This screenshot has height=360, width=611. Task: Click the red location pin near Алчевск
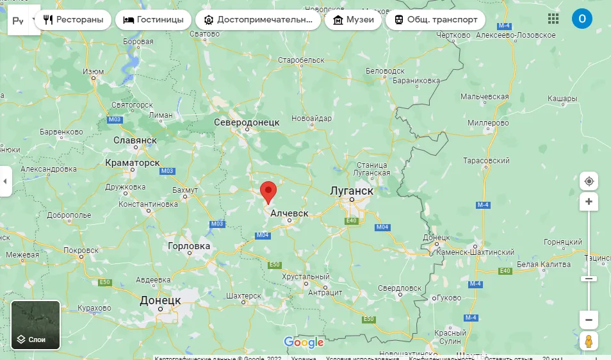(268, 192)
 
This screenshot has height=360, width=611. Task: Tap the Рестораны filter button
(73, 20)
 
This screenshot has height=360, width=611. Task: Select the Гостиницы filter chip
(153, 20)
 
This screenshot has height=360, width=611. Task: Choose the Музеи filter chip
(353, 20)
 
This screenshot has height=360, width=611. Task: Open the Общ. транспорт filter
(436, 20)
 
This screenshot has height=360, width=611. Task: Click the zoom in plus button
(589, 202)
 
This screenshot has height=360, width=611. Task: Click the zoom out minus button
(589, 319)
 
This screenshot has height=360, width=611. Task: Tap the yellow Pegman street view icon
(589, 341)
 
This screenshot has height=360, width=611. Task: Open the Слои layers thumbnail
(36, 325)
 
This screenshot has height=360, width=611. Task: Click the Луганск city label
(351, 191)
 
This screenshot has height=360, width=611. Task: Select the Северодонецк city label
(247, 122)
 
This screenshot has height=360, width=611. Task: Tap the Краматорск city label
(133, 163)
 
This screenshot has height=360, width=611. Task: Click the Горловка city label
(188, 246)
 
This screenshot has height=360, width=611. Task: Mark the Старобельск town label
(302, 60)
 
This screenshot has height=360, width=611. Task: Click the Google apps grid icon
(553, 19)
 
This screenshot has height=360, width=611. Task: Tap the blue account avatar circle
(582, 19)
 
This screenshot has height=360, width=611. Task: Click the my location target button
(589, 181)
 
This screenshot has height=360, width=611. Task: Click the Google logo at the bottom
(304, 343)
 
